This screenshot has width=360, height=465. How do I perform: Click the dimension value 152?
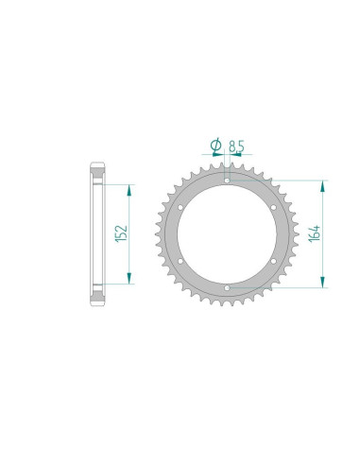pos(122,233)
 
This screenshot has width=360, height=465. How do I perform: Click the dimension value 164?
pos(315,233)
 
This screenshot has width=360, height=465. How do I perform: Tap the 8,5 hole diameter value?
pos(236,146)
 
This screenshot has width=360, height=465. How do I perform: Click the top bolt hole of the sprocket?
pos(227,181)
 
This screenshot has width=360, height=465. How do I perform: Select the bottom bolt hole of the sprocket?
pos(227,288)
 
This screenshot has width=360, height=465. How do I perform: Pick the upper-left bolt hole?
pos(180,207)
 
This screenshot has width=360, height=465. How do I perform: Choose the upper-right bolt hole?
pos(273,207)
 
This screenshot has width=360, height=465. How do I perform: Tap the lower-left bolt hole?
pos(180,261)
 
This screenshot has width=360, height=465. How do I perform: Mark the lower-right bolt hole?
pos(273,261)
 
